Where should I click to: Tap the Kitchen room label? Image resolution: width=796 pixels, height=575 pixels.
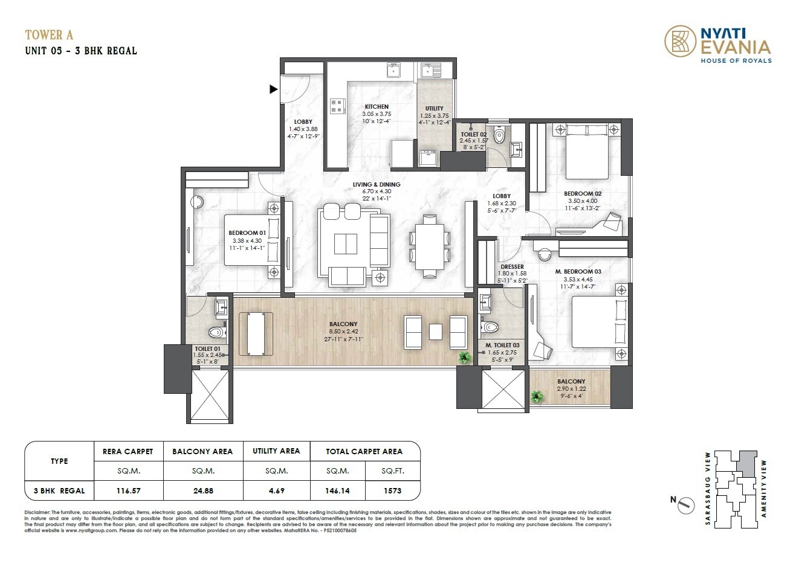tap(377, 107)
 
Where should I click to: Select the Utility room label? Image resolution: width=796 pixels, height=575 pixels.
tap(434, 109)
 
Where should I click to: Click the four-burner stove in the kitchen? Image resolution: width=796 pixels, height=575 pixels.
tap(337, 107)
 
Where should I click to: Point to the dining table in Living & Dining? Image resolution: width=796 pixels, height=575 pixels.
tap(429, 245)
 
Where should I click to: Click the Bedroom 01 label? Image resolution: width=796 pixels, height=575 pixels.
tap(247, 233)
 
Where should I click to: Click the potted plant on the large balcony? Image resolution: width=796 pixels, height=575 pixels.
tap(464, 358)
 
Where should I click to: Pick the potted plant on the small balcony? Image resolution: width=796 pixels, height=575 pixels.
tap(536, 397)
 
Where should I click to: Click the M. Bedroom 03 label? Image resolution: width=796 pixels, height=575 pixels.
tap(578, 272)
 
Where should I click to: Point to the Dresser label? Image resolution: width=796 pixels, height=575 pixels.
tap(512, 266)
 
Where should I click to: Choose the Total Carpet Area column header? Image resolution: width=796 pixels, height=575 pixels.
tap(364, 451)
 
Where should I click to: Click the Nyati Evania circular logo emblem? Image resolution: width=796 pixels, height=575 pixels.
tap(680, 42)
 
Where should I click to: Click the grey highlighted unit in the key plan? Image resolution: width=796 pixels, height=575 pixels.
tap(748, 462)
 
